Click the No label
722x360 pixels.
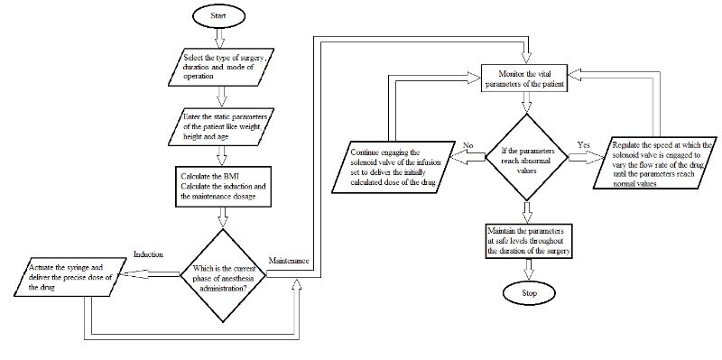[466, 143]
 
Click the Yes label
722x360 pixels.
[584, 143]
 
